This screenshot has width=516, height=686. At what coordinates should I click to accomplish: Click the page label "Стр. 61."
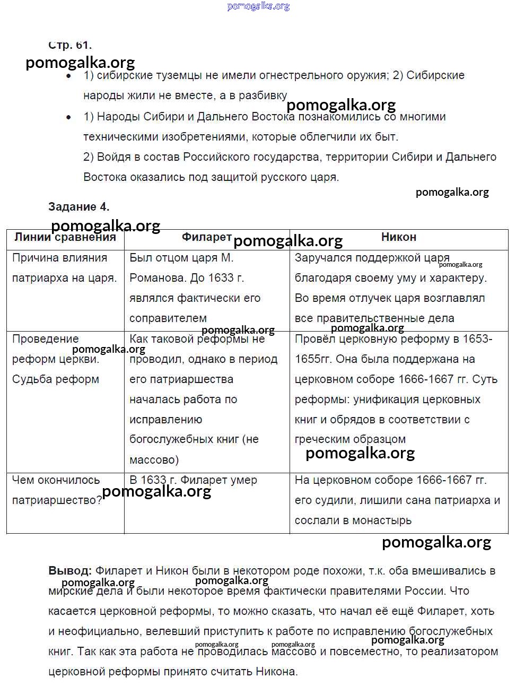click(x=69, y=45)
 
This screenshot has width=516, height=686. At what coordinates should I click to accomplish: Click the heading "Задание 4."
click(x=78, y=206)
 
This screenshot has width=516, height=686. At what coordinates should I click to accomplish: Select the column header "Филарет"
click(x=206, y=237)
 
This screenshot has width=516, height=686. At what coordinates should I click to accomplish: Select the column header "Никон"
click(x=398, y=237)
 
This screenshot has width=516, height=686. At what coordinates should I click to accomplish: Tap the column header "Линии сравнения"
click(x=65, y=237)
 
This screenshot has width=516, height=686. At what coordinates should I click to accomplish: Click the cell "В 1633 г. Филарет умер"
click(x=193, y=480)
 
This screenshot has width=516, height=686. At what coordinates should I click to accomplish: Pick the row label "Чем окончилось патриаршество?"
click(x=57, y=490)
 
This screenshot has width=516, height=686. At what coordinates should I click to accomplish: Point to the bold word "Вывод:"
click(x=69, y=571)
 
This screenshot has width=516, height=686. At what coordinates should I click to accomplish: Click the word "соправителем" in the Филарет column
click(x=168, y=318)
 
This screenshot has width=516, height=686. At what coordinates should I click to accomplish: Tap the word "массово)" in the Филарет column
click(x=154, y=459)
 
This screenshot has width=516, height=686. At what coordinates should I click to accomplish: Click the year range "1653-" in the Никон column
click(x=476, y=339)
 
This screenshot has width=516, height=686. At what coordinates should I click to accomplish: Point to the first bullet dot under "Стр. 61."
click(x=68, y=76)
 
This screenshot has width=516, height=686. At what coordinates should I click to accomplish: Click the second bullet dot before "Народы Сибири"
click(x=68, y=117)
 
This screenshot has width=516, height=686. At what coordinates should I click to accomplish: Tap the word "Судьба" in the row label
click(x=31, y=379)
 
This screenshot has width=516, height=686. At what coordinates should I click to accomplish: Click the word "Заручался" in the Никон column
click(x=322, y=258)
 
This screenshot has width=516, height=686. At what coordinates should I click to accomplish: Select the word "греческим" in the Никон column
click(x=320, y=439)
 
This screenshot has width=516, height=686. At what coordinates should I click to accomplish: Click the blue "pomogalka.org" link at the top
click(x=258, y=6)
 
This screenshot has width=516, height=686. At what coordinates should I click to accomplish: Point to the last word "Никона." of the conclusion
click(x=276, y=672)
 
